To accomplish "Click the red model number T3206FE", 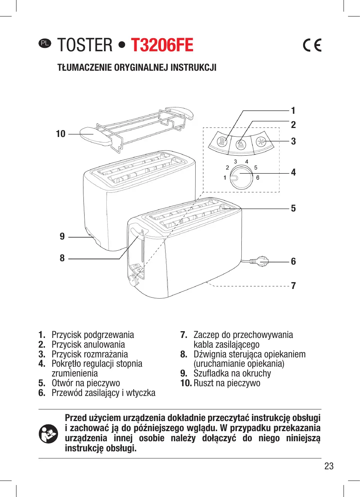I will [x=162, y=45].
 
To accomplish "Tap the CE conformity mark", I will [x=312, y=45].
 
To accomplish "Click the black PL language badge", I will [x=45, y=43].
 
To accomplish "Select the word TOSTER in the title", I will [x=85, y=45].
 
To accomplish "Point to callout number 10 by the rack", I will [x=61, y=134].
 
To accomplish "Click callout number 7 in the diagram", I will [x=293, y=286].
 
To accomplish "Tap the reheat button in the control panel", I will [x=223, y=142].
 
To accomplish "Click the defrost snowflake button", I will [x=261, y=142].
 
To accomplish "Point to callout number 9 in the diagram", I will [x=62, y=237].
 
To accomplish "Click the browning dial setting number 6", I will [x=258, y=178].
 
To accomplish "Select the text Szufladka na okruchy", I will [x=232, y=373].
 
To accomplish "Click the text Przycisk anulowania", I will [x=88, y=345].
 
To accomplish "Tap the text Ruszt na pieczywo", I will [x=227, y=383].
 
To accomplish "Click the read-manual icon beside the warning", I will [x=49, y=434].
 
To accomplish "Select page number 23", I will [x=329, y=466].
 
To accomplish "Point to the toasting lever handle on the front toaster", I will [x=137, y=231].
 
